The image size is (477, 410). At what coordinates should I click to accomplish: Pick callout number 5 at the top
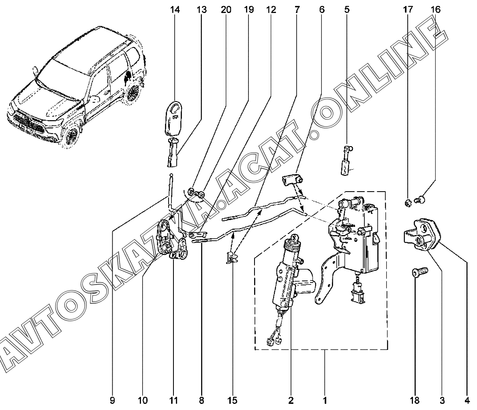pyautogui.click(x=347, y=9)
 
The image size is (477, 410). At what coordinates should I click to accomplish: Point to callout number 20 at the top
pyautogui.click(x=226, y=9)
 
